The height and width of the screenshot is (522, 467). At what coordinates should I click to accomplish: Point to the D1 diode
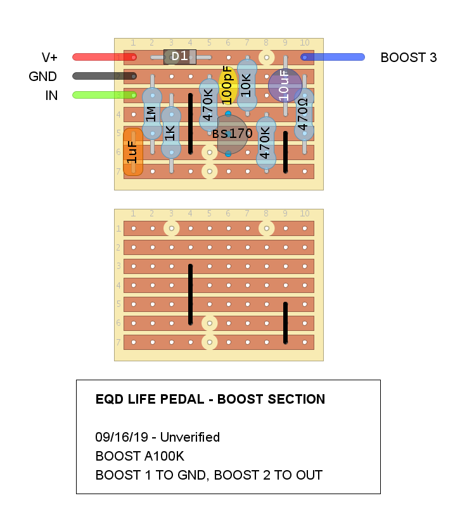(x=180, y=57)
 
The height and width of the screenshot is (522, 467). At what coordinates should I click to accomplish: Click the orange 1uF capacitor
(x=132, y=151)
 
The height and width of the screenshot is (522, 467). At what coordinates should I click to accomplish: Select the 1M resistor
(x=151, y=114)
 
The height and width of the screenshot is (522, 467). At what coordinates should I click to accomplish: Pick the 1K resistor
(x=170, y=133)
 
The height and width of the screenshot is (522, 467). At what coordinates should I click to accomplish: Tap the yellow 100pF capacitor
(x=227, y=85)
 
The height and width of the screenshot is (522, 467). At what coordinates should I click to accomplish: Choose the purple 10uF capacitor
(x=285, y=85)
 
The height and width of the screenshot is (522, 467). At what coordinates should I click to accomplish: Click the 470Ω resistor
(x=304, y=114)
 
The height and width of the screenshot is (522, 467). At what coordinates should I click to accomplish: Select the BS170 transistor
(x=232, y=134)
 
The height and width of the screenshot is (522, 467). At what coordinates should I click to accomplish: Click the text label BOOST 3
(x=408, y=58)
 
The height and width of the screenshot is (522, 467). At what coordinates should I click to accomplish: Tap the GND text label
(x=43, y=77)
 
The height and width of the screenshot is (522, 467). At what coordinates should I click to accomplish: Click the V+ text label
(x=49, y=58)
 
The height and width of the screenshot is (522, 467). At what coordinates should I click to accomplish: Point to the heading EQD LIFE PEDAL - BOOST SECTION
(x=210, y=399)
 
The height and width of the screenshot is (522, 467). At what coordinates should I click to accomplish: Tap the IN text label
(x=51, y=96)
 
